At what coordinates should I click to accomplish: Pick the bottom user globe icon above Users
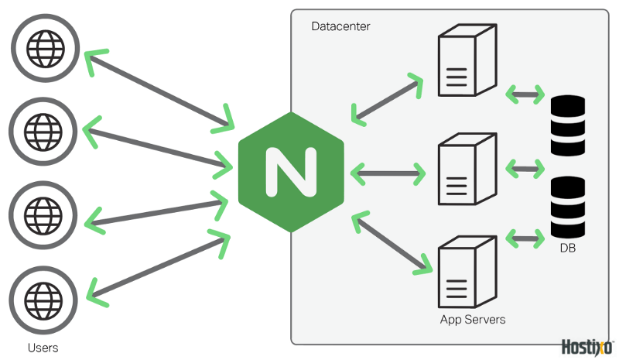(x=43, y=295)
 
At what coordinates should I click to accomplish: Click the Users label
(x=43, y=348)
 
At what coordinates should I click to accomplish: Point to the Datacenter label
(x=340, y=26)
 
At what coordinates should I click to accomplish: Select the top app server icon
(x=464, y=63)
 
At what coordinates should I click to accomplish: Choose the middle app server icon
(x=464, y=170)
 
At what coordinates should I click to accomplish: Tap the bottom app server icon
(x=464, y=276)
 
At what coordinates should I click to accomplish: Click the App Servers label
(x=472, y=320)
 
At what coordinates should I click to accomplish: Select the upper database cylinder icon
(x=568, y=126)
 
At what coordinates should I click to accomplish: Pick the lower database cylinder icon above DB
(x=568, y=207)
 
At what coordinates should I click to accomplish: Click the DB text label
(x=568, y=249)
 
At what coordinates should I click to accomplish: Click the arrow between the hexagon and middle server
(x=388, y=173)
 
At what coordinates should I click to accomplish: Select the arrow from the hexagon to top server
(x=386, y=100)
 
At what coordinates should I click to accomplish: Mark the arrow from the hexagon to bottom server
(x=391, y=243)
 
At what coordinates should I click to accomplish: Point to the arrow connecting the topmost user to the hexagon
(x=159, y=88)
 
